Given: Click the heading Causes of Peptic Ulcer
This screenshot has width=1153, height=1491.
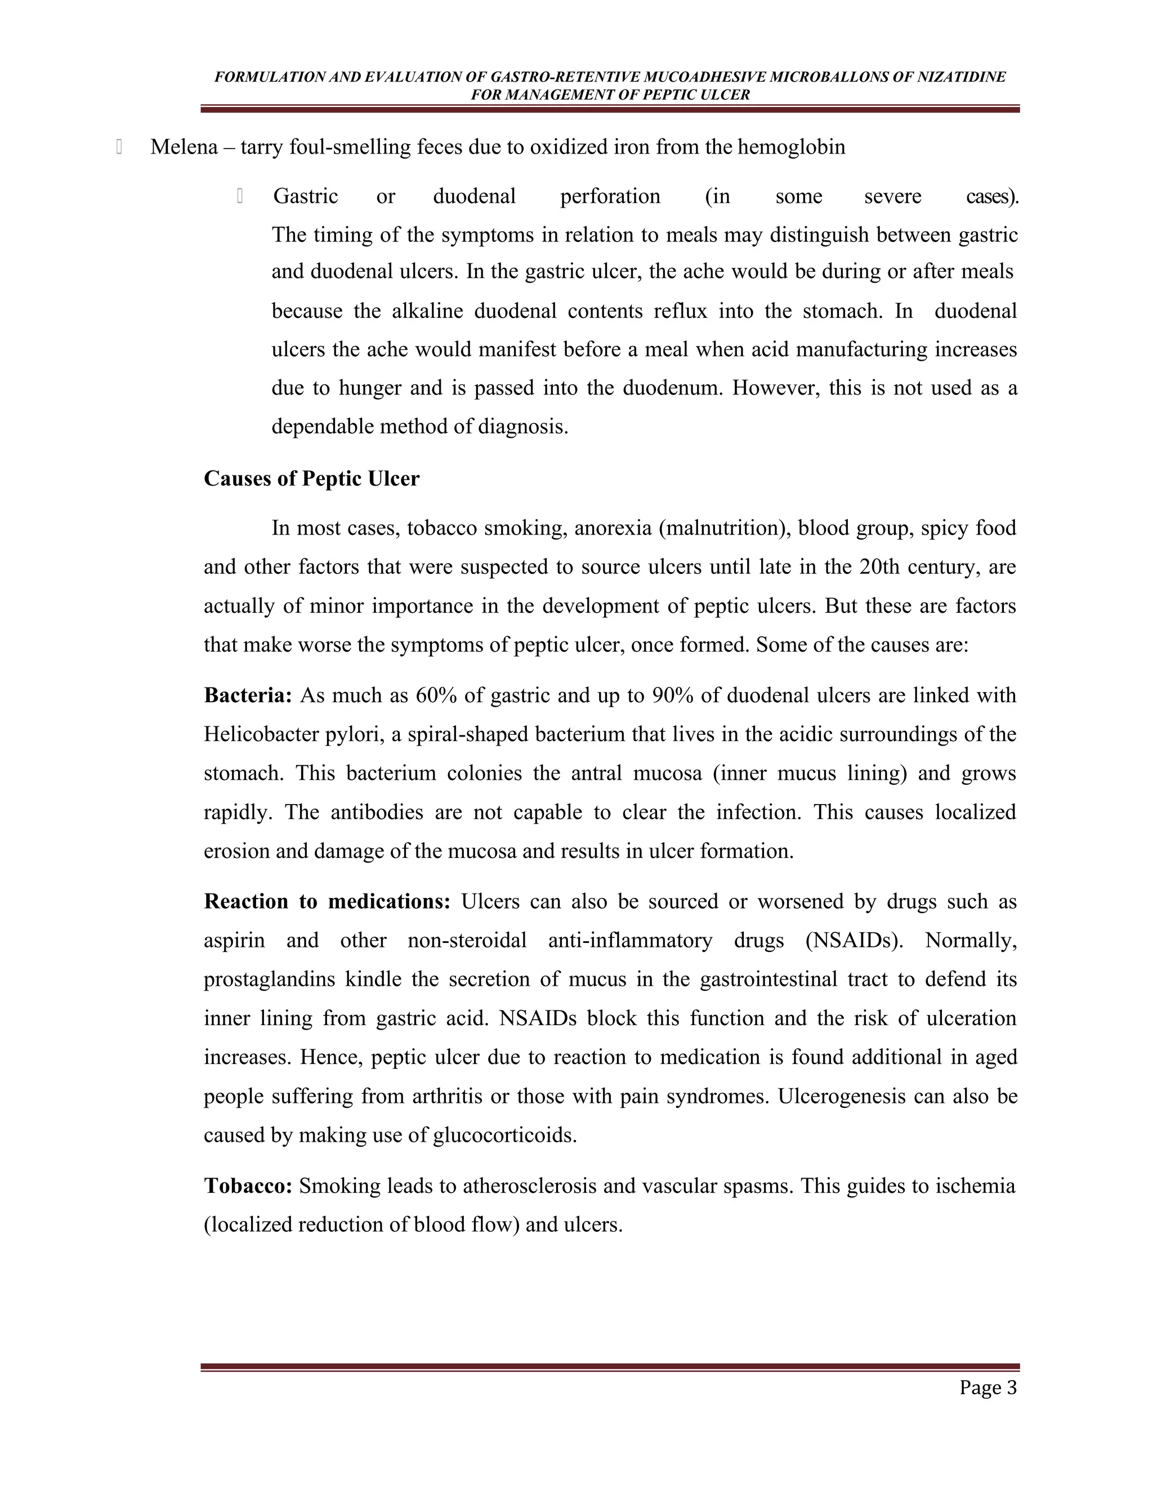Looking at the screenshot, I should [x=311, y=479].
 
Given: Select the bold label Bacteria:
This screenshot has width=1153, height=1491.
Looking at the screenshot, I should [x=248, y=695].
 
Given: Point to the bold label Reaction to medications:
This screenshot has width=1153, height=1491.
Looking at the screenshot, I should [x=327, y=901].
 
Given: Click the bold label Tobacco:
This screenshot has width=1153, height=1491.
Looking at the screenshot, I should [x=248, y=1186].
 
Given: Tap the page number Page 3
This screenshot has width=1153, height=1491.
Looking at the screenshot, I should [x=987, y=1388].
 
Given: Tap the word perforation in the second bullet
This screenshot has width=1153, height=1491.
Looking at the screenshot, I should [x=610, y=196].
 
